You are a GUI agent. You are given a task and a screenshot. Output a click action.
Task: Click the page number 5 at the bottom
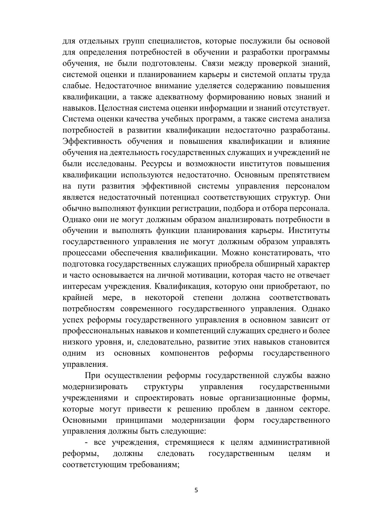point(196,490)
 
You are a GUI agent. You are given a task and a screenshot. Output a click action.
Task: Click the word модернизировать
point(95,387)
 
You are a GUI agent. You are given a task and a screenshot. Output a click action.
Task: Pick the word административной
point(294,443)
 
